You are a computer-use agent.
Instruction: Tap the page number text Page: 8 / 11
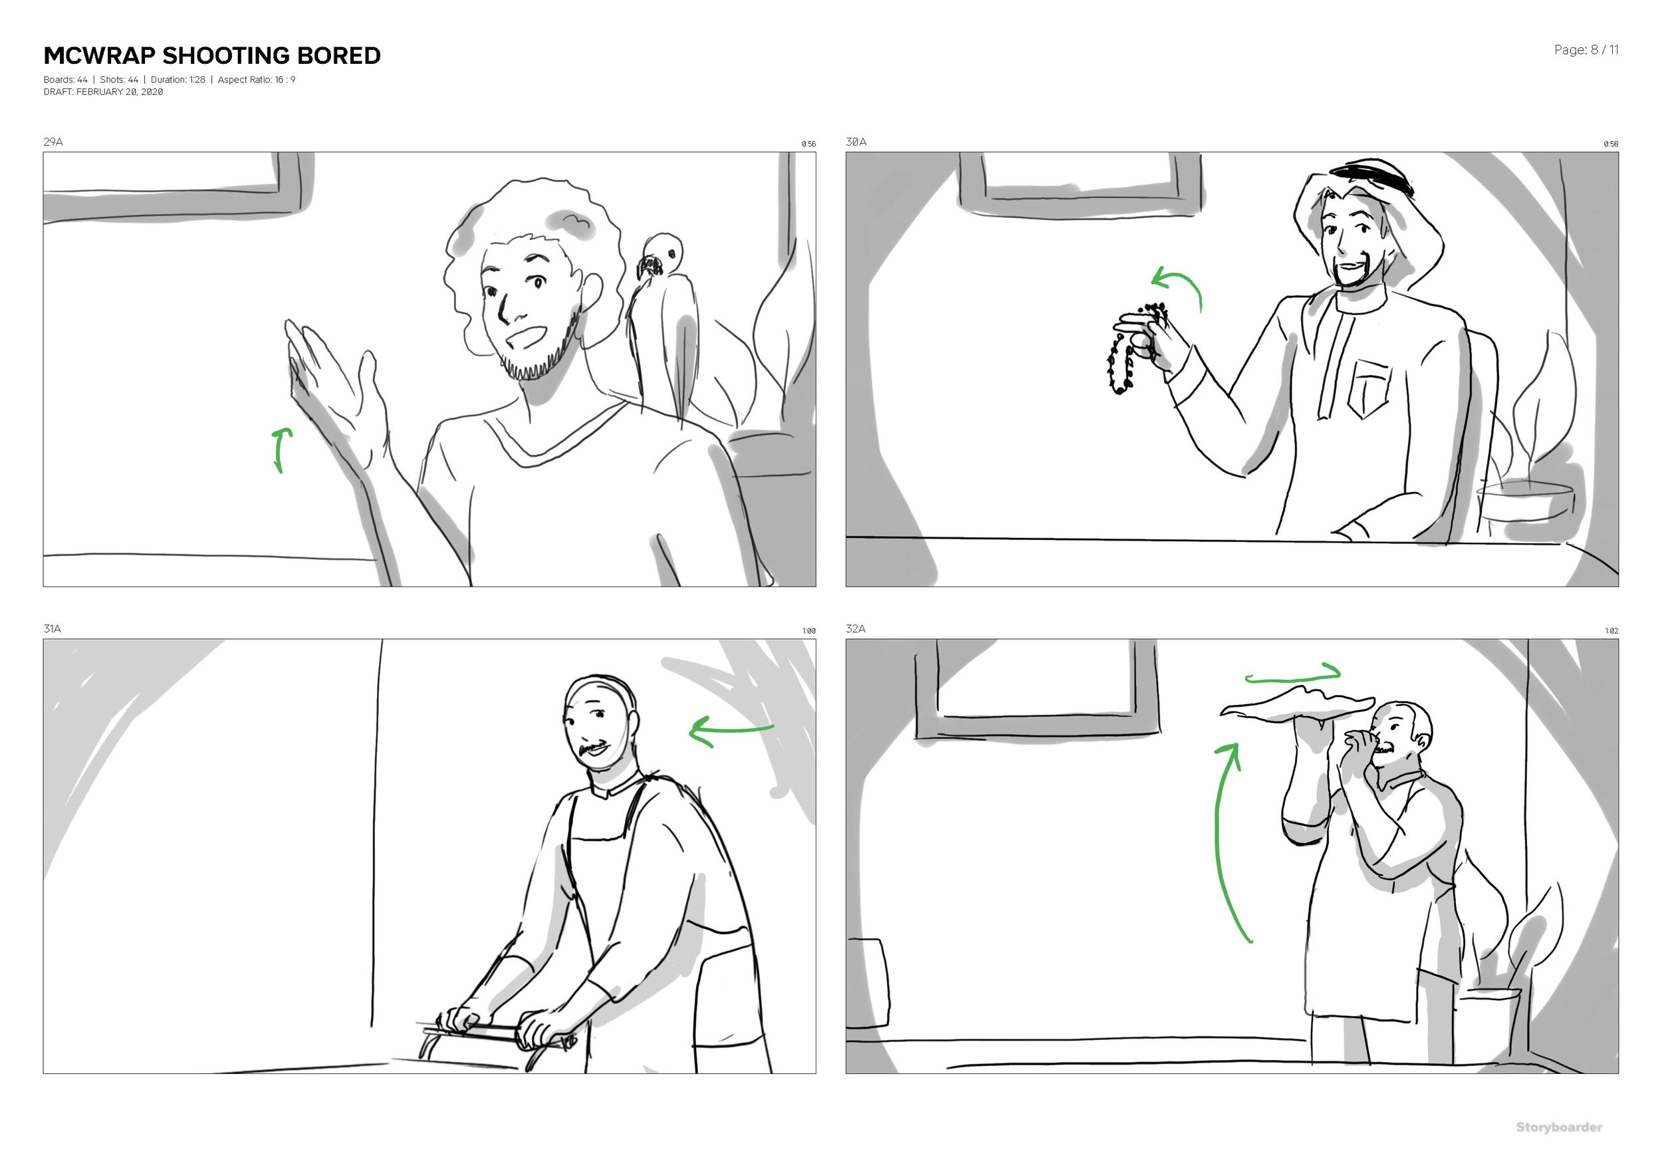point(1586,50)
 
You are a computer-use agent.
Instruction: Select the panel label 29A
point(53,142)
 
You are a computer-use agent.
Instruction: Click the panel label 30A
point(856,142)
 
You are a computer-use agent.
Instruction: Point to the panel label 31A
point(52,628)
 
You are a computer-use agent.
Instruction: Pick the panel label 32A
point(855,628)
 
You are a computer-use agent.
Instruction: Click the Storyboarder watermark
point(1558,1127)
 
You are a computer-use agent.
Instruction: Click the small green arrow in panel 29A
point(281,449)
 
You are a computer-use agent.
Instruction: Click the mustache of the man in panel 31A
point(594,747)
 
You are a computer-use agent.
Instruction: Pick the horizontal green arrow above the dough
point(1292,675)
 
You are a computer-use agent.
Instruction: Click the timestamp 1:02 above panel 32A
point(1611,631)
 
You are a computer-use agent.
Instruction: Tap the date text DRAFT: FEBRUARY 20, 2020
point(103,92)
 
